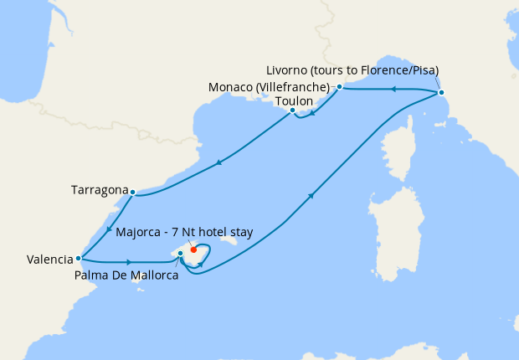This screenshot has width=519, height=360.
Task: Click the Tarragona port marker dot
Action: [x=133, y=192]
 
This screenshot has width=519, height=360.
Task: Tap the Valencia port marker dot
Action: [x=78, y=259]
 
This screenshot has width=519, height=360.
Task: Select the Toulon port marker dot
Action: [x=292, y=111]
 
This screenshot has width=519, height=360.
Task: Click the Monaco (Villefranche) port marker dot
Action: [x=339, y=87]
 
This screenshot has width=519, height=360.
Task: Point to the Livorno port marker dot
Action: [x=441, y=92]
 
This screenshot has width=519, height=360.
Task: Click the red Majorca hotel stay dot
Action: [x=193, y=249]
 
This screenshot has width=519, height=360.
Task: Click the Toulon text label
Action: [x=294, y=100]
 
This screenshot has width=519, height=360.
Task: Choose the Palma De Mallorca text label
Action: [x=126, y=275]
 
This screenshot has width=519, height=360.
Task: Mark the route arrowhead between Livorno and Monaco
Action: [x=391, y=88]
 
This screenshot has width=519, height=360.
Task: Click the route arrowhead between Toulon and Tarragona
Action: [x=219, y=162]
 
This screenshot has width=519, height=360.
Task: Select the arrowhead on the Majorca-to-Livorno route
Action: [x=311, y=196]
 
